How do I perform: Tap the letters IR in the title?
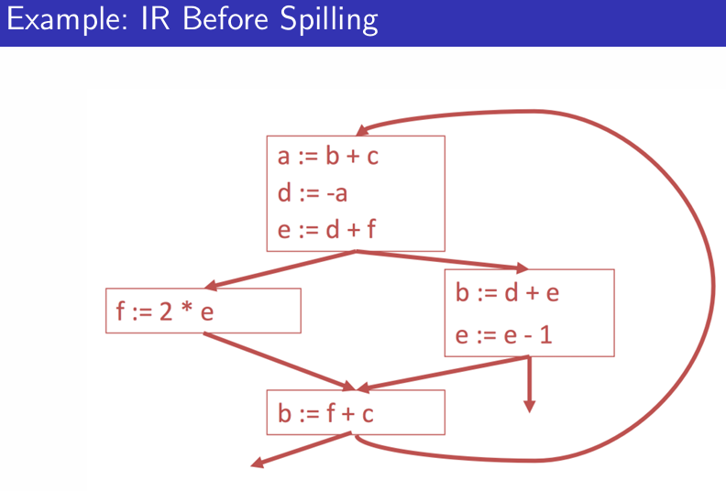149,21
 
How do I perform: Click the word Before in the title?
219,21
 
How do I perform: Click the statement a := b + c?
328,157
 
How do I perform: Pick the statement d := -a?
312,193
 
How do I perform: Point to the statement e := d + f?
327,229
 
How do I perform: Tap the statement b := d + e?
506,293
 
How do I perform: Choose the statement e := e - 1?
503,336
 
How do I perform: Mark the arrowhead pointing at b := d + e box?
522,268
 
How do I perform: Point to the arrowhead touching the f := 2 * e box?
211,284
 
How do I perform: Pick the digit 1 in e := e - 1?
546,336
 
